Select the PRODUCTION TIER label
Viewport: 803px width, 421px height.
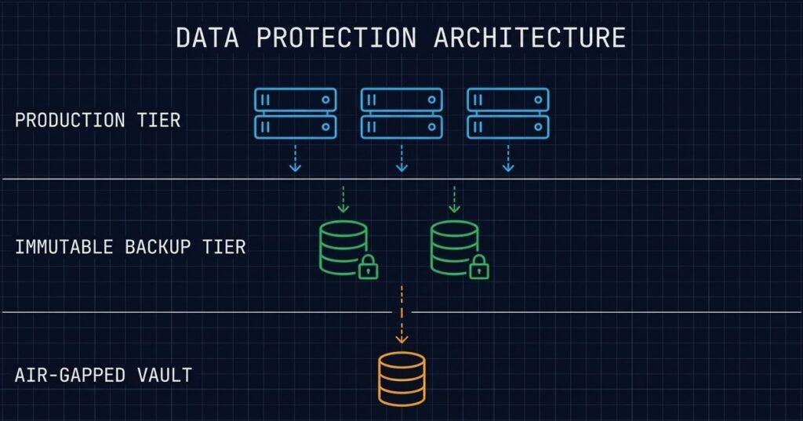[97, 120]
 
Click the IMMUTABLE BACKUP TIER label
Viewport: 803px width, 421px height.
[130, 247]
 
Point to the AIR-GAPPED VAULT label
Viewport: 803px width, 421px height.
[103, 375]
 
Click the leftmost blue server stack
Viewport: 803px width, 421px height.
[296, 113]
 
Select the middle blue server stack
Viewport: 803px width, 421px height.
[401, 113]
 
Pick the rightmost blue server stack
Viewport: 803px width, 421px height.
[507, 113]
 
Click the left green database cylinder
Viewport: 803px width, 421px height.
[343, 247]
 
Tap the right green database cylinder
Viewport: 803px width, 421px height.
[453, 247]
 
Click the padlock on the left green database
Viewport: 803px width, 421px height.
[368, 269]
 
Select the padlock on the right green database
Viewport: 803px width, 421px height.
[478, 269]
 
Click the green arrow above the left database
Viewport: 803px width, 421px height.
[343, 199]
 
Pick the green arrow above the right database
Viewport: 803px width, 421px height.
[453, 199]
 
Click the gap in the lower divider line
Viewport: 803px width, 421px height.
[401, 311]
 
